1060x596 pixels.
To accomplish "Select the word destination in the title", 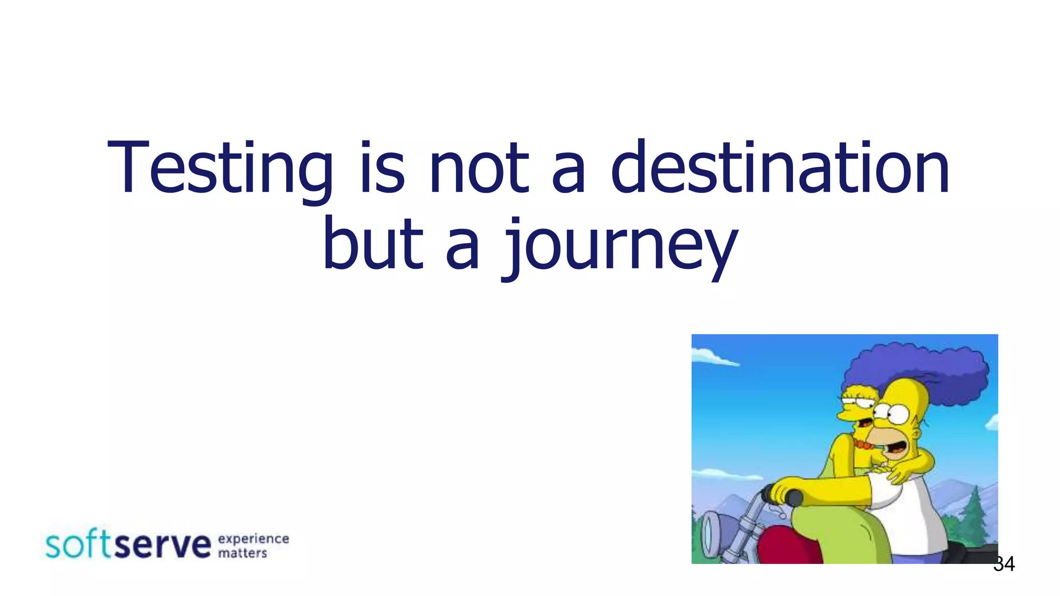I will tap(780, 169).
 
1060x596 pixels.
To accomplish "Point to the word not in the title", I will tap(479, 169).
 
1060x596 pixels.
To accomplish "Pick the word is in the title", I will tap(382, 169).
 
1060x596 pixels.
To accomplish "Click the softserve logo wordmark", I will tap(128, 545).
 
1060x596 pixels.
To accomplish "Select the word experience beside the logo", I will tap(254, 539).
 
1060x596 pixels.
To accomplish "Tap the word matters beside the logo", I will tap(242, 553).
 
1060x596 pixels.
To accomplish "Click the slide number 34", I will tap(1004, 564).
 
